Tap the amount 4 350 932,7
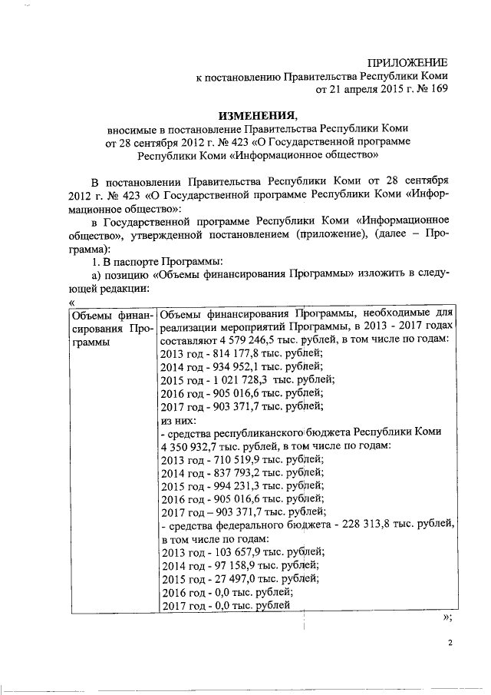(x=191, y=446)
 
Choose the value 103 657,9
(x=233, y=552)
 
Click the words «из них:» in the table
(x=178, y=420)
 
